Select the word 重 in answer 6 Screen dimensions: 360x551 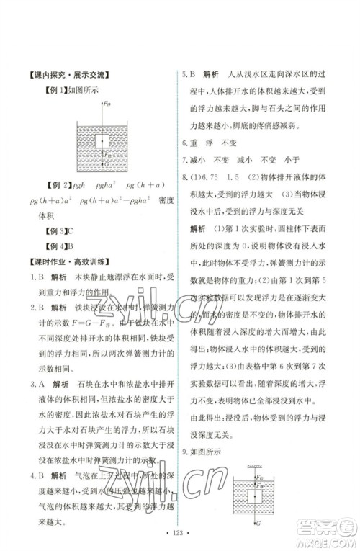[198, 143]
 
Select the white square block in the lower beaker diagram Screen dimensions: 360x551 [252, 493]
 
